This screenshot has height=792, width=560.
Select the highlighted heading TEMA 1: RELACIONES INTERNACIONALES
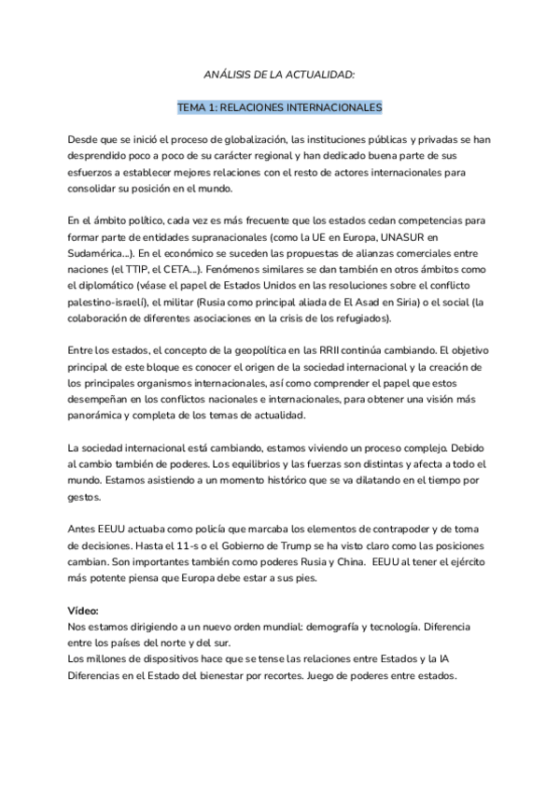280,106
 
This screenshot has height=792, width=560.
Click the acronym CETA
190,269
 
